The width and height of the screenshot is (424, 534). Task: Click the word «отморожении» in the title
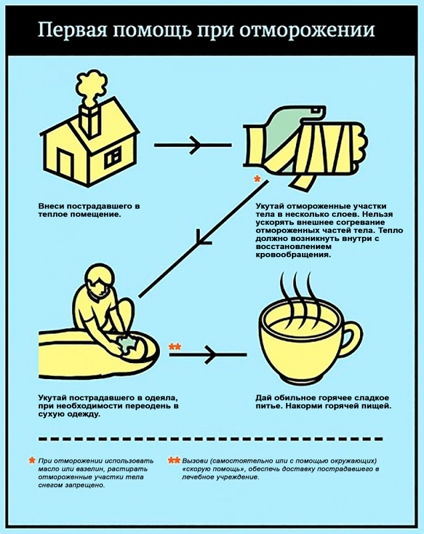pyautogui.click(x=309, y=31)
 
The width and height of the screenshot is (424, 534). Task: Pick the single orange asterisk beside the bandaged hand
pyautogui.click(x=257, y=180)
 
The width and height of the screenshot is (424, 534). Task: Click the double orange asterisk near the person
pyautogui.click(x=174, y=346)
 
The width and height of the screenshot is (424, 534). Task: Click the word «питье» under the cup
pyautogui.click(x=269, y=406)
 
